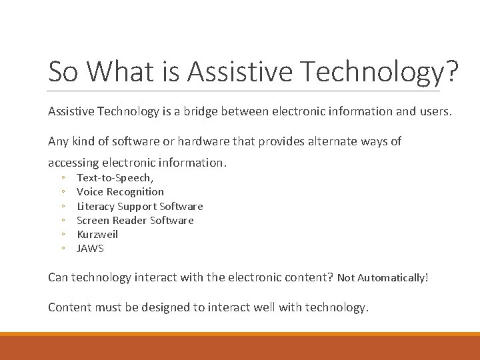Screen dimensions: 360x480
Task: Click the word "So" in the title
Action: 63,71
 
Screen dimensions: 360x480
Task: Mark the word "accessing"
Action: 73,163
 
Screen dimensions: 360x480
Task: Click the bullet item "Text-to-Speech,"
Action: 115,178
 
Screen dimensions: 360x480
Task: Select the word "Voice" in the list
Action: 90,192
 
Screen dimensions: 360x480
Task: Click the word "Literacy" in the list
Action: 96,207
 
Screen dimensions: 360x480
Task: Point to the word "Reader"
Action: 129,221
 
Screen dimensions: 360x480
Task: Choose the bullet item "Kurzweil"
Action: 97,235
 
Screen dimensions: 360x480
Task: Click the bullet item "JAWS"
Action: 91,249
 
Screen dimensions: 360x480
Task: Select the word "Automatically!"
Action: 393,278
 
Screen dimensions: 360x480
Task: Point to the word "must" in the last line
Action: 107,307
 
